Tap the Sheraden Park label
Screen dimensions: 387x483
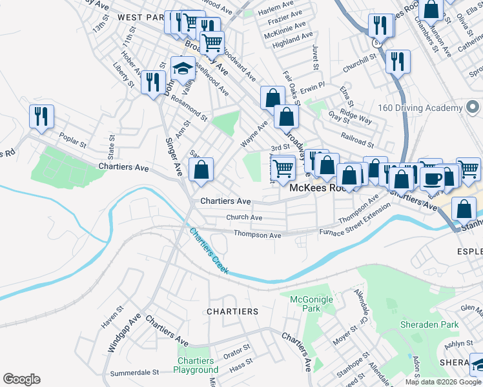point(429,324)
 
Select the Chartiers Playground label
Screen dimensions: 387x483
point(196,365)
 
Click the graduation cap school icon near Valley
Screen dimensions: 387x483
point(183,68)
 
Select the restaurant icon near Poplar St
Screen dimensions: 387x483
point(41,117)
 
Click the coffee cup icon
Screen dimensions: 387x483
point(432,177)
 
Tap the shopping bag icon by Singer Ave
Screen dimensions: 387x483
point(201,170)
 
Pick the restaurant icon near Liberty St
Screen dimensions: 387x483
point(152,82)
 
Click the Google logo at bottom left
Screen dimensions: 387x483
point(21,379)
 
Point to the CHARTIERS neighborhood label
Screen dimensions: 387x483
point(232,311)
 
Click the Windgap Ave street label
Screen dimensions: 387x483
point(124,333)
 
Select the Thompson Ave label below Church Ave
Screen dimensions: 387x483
point(257,235)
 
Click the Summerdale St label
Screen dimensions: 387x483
point(134,372)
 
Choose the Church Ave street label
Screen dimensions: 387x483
point(240,218)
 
